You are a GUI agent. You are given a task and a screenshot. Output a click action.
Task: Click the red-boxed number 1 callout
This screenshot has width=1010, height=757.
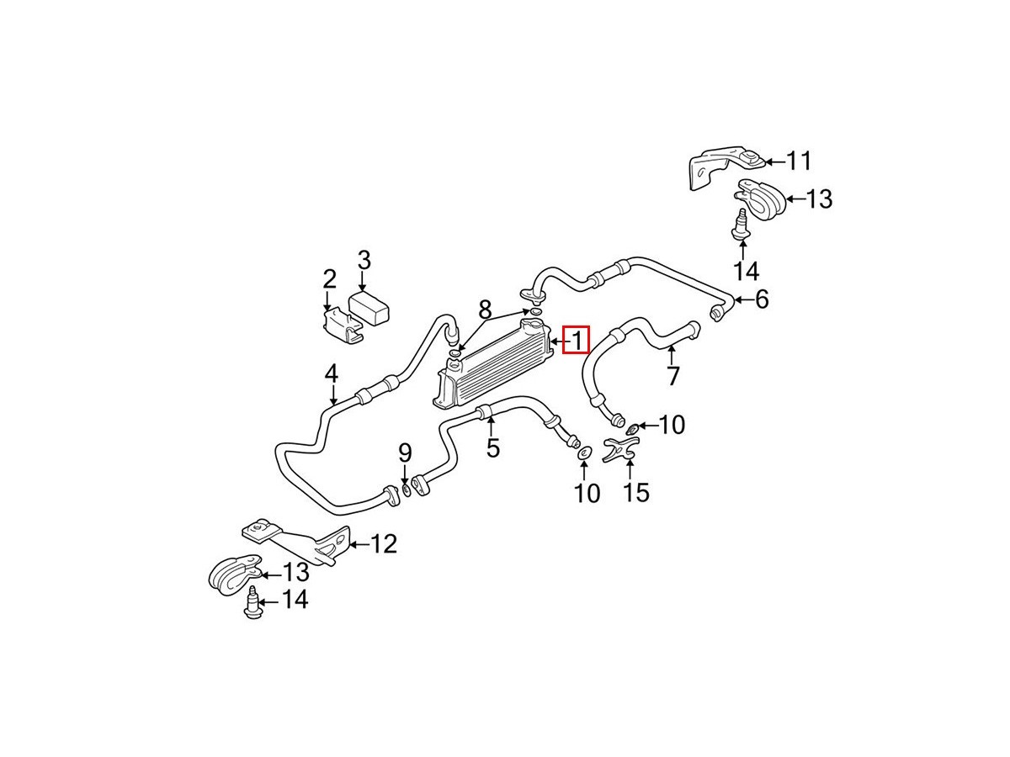tap(577, 340)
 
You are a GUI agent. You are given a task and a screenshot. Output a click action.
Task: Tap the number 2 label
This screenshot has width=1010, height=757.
tap(328, 278)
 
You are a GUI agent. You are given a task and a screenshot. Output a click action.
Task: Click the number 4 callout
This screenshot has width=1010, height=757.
tap(332, 373)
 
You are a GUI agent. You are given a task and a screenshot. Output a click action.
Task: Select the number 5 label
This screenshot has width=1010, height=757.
tap(492, 447)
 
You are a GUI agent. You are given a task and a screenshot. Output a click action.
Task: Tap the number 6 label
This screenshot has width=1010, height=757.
tap(761, 299)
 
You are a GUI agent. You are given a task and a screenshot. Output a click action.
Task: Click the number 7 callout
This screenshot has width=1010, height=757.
tap(672, 375)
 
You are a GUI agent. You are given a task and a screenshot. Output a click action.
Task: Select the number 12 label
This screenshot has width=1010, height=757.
tap(383, 544)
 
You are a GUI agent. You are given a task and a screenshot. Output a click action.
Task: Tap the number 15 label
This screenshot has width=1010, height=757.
tap(637, 491)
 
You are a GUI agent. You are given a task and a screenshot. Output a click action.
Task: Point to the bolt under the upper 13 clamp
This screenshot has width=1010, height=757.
tap(741, 225)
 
